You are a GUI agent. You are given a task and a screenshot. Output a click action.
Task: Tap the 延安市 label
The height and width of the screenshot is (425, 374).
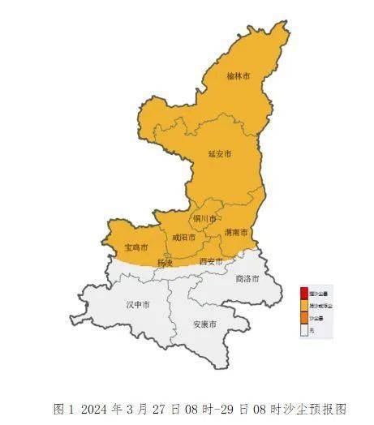pyautogui.click(x=219, y=152)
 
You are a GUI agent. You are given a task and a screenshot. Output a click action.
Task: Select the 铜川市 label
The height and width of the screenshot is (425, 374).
pyautogui.click(x=204, y=219)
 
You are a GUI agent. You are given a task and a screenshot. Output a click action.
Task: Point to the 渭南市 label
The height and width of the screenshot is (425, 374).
pyautogui.click(x=236, y=233)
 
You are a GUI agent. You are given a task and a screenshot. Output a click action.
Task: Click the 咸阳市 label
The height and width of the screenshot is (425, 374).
pyautogui.click(x=183, y=238)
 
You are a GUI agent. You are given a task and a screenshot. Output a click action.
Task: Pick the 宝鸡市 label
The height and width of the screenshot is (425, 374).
pyautogui.click(x=135, y=246)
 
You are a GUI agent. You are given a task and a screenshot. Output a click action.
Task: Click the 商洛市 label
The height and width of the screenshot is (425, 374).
pyautogui.click(x=247, y=278)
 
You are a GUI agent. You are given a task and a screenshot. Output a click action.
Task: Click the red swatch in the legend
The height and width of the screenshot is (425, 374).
pyautogui.click(x=303, y=294)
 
